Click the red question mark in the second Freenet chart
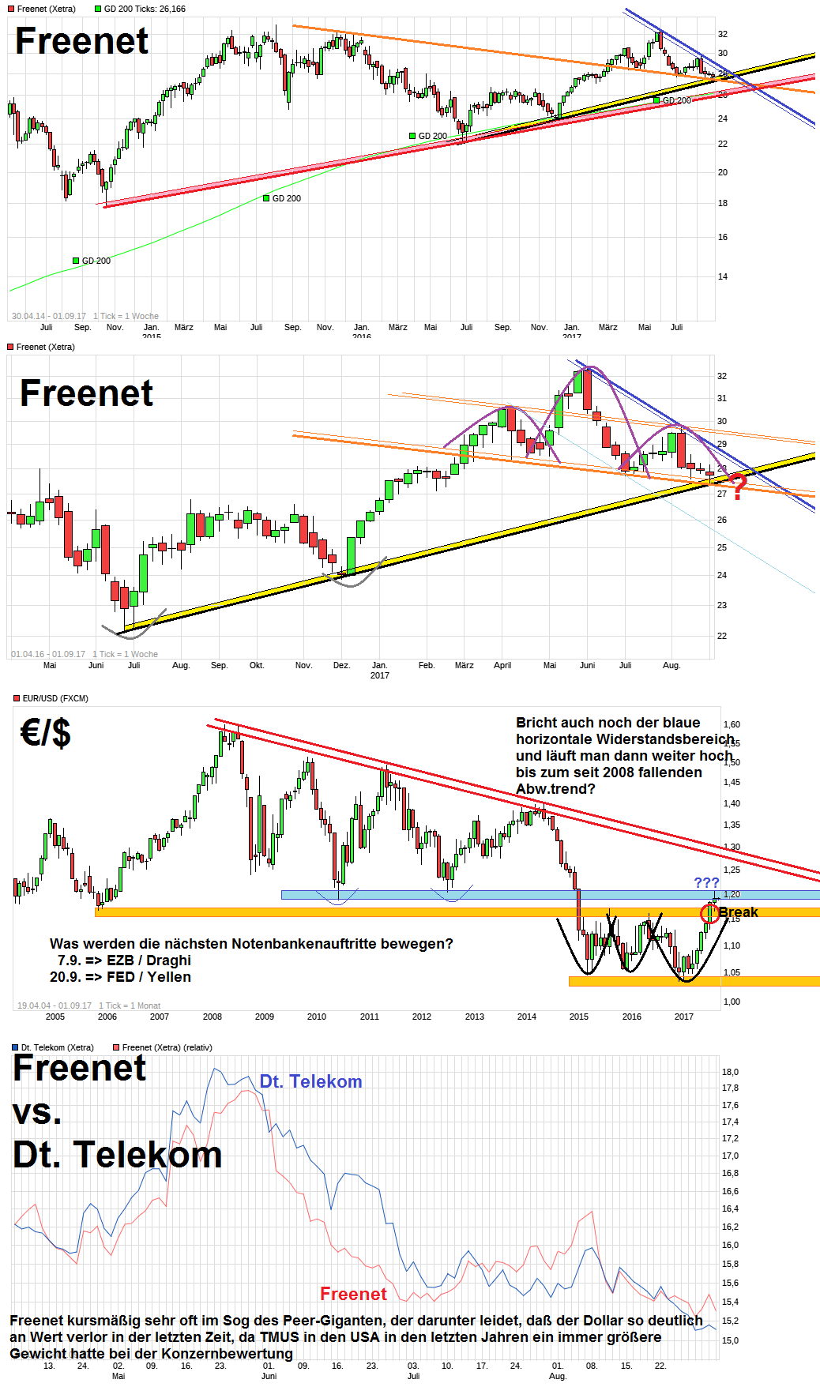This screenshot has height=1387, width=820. pyautogui.click(x=737, y=487)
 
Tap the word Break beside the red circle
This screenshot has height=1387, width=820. pyautogui.click(x=738, y=912)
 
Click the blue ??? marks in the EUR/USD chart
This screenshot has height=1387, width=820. pyautogui.click(x=706, y=883)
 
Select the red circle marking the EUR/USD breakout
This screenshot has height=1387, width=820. pyautogui.click(x=710, y=914)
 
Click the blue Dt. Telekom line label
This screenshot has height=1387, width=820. pyautogui.click(x=310, y=1081)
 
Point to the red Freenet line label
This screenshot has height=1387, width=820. pyautogui.click(x=353, y=1294)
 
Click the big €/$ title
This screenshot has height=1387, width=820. pyautogui.click(x=45, y=732)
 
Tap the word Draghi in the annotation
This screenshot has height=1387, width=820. pyautogui.click(x=168, y=960)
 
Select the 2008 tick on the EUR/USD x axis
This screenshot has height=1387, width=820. pyautogui.click(x=212, y=1017)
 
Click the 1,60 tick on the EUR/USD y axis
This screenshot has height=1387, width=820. pyautogui.click(x=732, y=724)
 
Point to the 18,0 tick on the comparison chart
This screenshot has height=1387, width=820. pyautogui.click(x=730, y=1072)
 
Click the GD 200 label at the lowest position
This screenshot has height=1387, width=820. pyautogui.click(x=96, y=261)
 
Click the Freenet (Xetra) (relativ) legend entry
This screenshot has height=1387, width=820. pyautogui.click(x=167, y=1047)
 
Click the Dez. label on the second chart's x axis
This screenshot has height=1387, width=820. pyautogui.click(x=341, y=665)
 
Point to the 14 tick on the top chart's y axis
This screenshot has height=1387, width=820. pyautogui.click(x=722, y=276)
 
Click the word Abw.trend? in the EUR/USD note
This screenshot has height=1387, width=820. pyautogui.click(x=555, y=789)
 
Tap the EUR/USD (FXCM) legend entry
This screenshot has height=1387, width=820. pyautogui.click(x=55, y=698)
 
